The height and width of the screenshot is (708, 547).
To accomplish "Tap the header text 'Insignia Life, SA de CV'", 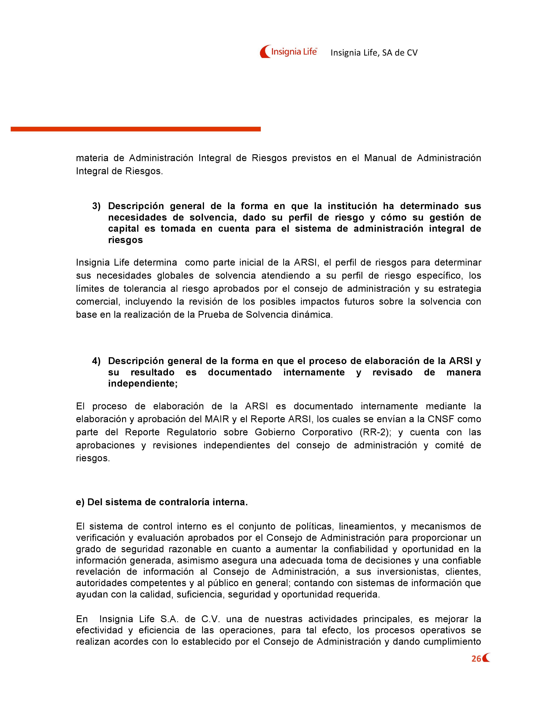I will tap(374, 53).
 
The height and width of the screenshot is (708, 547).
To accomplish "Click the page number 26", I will tap(476, 659).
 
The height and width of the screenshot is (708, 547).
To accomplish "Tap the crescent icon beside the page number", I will tap(486, 658).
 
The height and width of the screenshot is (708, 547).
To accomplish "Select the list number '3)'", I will tap(96, 206).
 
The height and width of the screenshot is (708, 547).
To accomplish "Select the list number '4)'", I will tap(96, 361).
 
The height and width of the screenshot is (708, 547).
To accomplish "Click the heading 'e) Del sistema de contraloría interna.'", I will tap(162, 502).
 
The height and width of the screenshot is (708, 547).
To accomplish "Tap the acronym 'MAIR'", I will tap(216, 419).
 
